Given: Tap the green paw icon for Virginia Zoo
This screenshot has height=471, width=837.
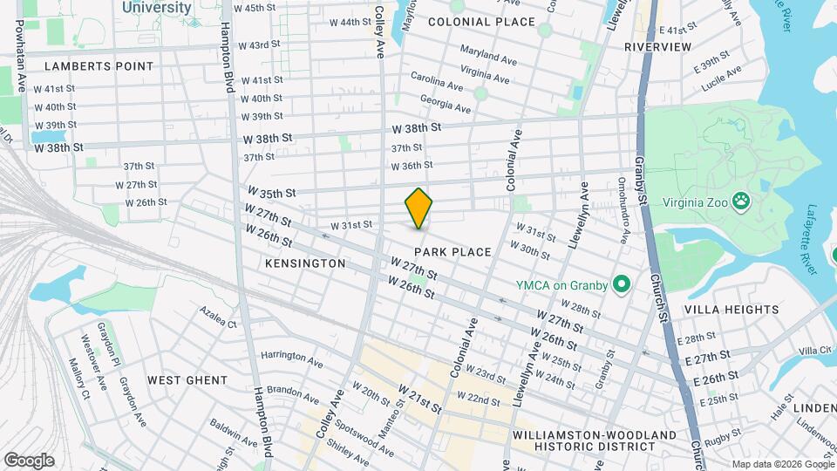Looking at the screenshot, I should pos(740,201).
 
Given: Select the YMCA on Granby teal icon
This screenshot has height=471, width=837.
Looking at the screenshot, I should pos(622,284).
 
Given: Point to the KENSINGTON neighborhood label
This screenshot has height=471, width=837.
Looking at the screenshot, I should pos(305,263).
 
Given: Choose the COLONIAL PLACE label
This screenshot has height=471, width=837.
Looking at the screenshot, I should pos(469,21).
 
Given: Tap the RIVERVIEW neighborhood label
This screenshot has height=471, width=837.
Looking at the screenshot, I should pos(658,46).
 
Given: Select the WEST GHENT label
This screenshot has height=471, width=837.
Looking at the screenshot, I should pos(187,380).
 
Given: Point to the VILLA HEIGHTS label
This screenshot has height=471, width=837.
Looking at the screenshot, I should pos(732,309).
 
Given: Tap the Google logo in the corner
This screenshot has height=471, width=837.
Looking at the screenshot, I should pos(29,460).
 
